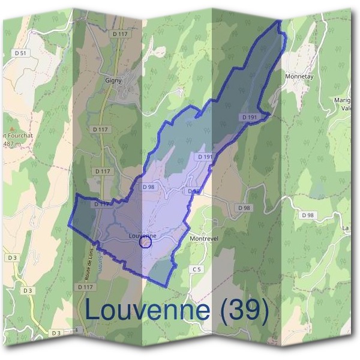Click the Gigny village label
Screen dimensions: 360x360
click(x=113, y=79)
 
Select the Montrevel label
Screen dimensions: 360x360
click(x=202, y=238)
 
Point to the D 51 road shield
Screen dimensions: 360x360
click(x=21, y=53)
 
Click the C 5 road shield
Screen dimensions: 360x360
click(x=196, y=269)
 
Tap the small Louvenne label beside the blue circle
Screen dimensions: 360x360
click(x=142, y=236)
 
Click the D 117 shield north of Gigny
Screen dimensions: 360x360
click(x=121, y=34)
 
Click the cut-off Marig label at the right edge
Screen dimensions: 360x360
click(x=344, y=100)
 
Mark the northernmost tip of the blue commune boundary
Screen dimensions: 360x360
click(x=280, y=20)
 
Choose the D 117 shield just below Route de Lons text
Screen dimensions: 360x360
click(x=85, y=287)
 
